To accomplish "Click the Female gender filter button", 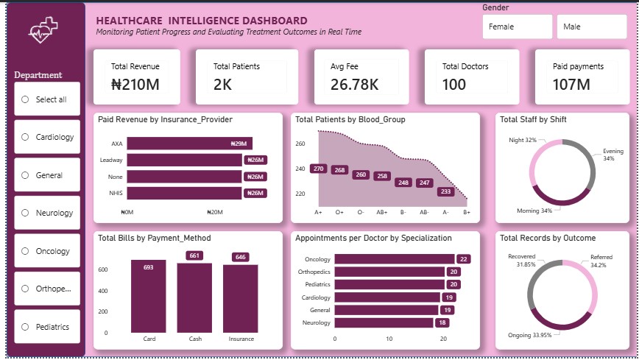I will [517, 27].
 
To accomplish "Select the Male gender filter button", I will [591, 27].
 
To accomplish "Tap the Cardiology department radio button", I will [26, 137].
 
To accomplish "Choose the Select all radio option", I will [26, 99].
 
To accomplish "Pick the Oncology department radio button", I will [26, 251].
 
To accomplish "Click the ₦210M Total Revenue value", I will [135, 85].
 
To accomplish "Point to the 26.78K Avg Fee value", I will [354, 85].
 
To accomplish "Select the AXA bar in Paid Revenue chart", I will [189, 144].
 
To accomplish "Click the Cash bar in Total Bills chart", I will [194, 298].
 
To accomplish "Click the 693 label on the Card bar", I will [148, 267].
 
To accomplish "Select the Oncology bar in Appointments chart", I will [395, 259].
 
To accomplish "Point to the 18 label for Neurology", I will [442, 322].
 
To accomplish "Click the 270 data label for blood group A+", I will [318, 169].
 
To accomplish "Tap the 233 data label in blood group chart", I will [445, 191].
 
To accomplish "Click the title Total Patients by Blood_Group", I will [350, 119].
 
